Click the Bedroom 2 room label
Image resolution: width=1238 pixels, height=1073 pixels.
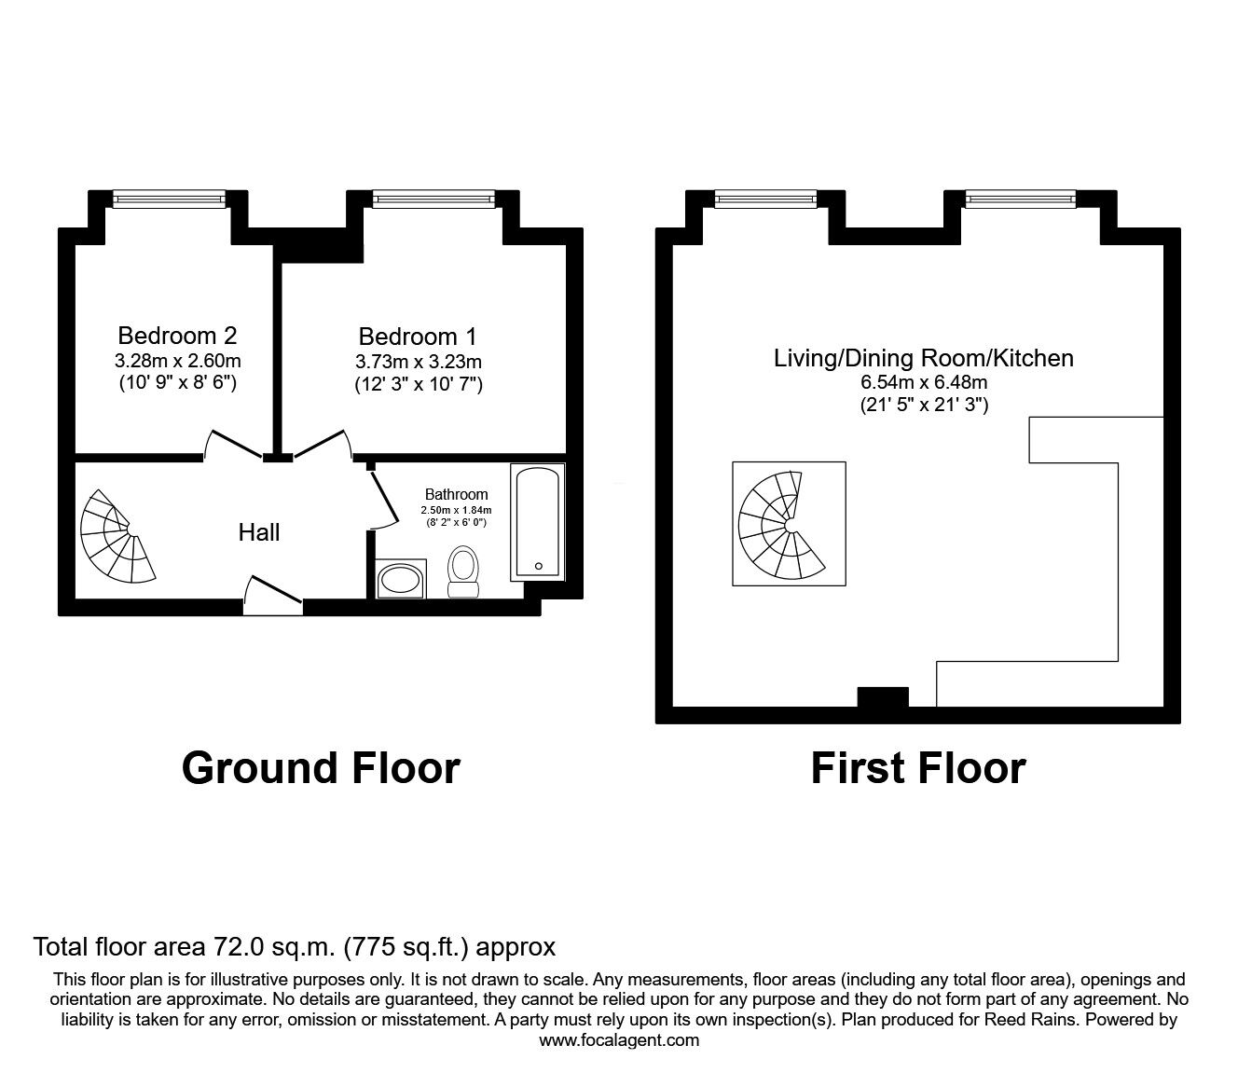(177, 336)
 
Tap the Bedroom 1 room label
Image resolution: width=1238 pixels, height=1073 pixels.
(418, 337)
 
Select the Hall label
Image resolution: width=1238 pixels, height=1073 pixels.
(259, 532)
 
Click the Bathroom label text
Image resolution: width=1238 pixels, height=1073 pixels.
(457, 494)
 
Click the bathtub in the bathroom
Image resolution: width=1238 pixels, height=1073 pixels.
(538, 522)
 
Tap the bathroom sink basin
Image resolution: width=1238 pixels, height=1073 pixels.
(401, 579)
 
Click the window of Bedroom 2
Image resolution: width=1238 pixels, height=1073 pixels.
(170, 199)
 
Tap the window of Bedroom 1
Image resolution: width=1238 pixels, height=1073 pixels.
(433, 199)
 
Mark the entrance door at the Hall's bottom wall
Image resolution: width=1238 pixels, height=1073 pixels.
(272, 596)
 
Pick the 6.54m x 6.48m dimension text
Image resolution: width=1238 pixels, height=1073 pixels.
(924, 382)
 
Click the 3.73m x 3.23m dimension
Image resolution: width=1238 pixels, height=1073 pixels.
(418, 362)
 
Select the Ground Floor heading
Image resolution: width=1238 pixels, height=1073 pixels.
(321, 769)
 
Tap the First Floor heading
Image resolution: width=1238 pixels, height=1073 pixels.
(918, 769)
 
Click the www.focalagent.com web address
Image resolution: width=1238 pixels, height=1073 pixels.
(619, 1040)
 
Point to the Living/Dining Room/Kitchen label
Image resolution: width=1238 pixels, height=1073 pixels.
(924, 358)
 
